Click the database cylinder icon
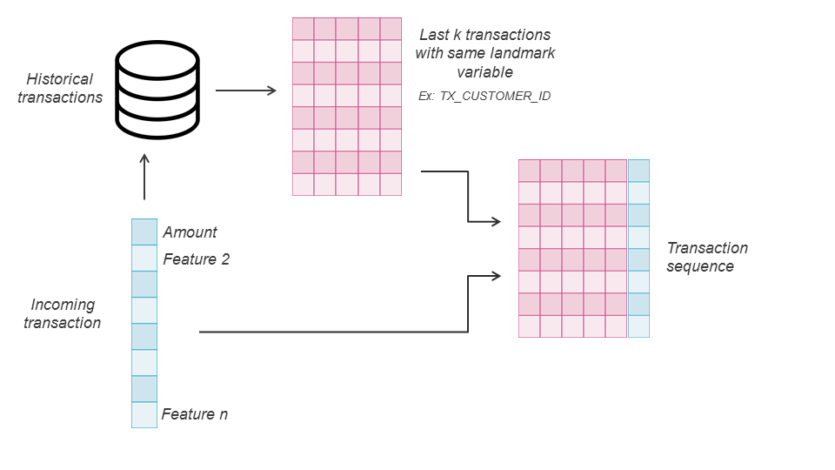click(x=158, y=91)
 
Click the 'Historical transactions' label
click(x=60, y=88)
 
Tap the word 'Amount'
click(x=190, y=232)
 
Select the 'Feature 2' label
click(x=197, y=259)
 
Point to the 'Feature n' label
click(x=195, y=414)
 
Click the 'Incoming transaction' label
click(x=62, y=313)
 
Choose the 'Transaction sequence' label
click(x=707, y=257)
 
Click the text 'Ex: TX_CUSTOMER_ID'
click(x=484, y=96)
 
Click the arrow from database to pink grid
click(x=245, y=91)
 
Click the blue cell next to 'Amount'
click(x=144, y=232)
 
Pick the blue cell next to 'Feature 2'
click(x=144, y=258)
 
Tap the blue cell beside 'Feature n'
click(x=144, y=414)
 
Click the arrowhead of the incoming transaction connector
click(x=497, y=276)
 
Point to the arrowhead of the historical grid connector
click(x=497, y=221)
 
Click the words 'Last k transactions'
click(x=484, y=35)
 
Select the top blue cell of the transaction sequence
click(x=638, y=171)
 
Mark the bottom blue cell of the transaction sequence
click(x=638, y=326)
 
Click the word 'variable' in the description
click(x=484, y=72)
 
